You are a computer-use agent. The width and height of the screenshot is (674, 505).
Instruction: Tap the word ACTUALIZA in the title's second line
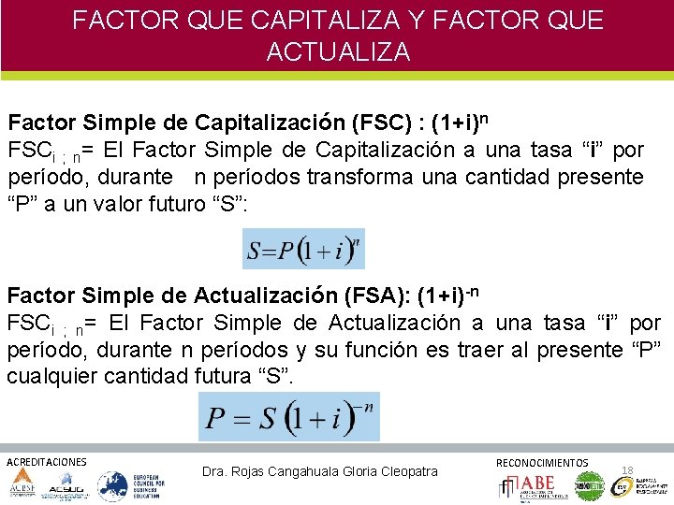click(338, 51)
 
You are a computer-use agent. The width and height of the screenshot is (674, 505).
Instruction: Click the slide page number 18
click(627, 469)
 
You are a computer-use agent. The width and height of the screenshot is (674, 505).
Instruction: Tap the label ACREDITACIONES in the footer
click(47, 462)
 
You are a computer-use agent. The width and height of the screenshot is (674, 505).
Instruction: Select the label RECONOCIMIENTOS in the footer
click(542, 463)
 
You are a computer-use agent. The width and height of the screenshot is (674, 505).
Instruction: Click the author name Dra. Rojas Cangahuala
click(281, 471)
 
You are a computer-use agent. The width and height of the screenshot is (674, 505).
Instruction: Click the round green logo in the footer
click(589, 486)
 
